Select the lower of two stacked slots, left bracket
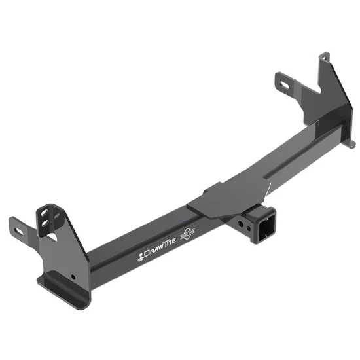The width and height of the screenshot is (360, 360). (x=46, y=225)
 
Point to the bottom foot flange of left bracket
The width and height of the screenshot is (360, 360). (x=63, y=288)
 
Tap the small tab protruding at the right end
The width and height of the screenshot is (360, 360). (x=351, y=143)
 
